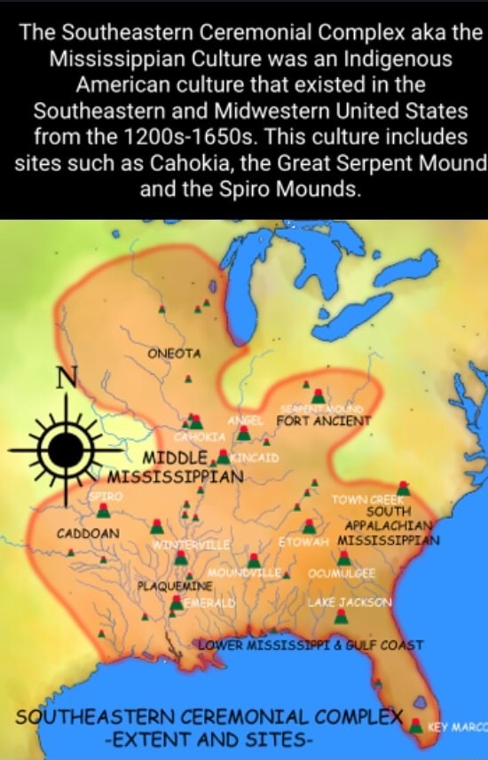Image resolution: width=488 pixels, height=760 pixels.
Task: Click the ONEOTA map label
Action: coord(174,354)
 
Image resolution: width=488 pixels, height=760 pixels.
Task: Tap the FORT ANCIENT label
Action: coord(323,421)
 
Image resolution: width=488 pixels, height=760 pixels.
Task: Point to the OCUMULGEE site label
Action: coord(342,574)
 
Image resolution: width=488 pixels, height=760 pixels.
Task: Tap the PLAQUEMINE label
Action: coord(174,586)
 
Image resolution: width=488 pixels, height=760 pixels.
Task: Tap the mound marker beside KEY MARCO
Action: coord(415,725)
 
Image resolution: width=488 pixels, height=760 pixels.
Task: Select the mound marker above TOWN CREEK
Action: coord(404,487)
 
